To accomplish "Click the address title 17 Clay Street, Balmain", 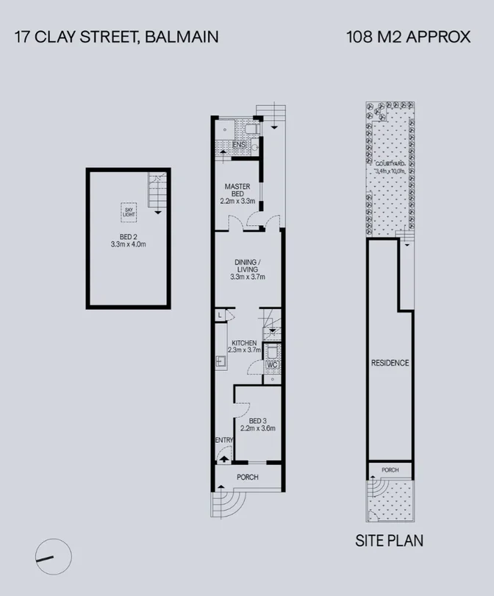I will pyautogui.click(x=116, y=36).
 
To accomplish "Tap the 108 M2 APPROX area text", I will pyautogui.click(x=408, y=36).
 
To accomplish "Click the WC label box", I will pyautogui.click(x=271, y=365).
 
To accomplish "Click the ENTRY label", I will pyautogui.click(x=224, y=441).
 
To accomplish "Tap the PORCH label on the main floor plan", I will pyautogui.click(x=247, y=478).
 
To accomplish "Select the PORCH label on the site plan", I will pyautogui.click(x=390, y=470).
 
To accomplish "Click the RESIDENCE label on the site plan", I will pyautogui.click(x=390, y=363).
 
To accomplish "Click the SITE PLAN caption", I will pyautogui.click(x=389, y=542).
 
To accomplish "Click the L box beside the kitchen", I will pyautogui.click(x=221, y=315).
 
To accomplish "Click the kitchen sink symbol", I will pyautogui.click(x=219, y=361).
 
